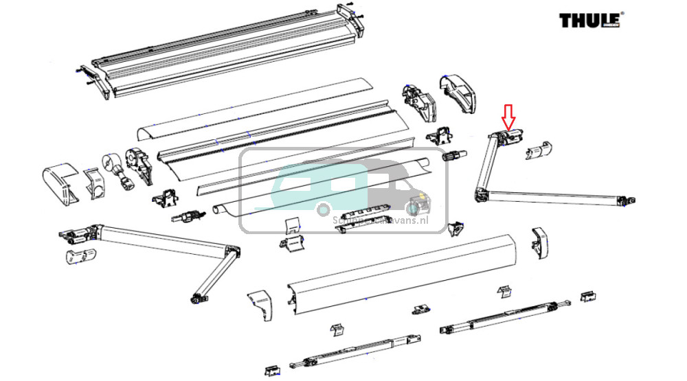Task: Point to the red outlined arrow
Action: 508,117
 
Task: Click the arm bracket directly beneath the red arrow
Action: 509,137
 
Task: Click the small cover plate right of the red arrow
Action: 540,149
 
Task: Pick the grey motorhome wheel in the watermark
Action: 412,208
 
